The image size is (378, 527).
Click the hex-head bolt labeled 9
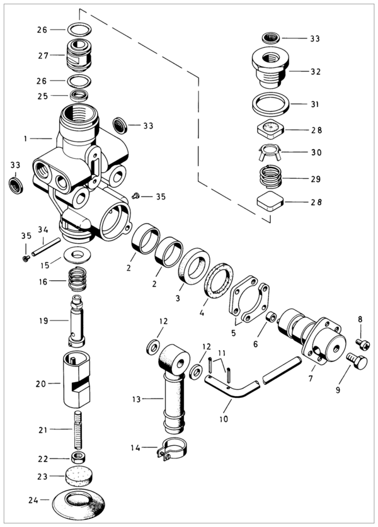click(357, 361)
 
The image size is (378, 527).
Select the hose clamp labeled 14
click(172, 449)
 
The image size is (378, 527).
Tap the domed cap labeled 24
click(78, 504)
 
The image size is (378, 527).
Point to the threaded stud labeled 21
click(77, 430)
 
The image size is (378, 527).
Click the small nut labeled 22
click(77, 458)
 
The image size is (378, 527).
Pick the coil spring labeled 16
click(77, 279)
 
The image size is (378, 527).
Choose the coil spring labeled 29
click(271, 177)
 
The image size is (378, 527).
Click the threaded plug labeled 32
click(270, 67)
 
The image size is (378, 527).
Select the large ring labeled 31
click(270, 104)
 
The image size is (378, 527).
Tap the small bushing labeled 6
click(271, 317)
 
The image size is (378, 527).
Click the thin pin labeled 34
click(46, 247)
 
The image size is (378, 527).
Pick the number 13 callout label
click(136, 400)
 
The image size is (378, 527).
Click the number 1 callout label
click(25, 139)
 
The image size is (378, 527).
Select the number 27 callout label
click(43, 55)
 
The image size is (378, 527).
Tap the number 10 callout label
click(224, 419)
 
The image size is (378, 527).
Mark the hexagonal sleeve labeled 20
click(76, 380)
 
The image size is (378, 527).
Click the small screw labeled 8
click(363, 344)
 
